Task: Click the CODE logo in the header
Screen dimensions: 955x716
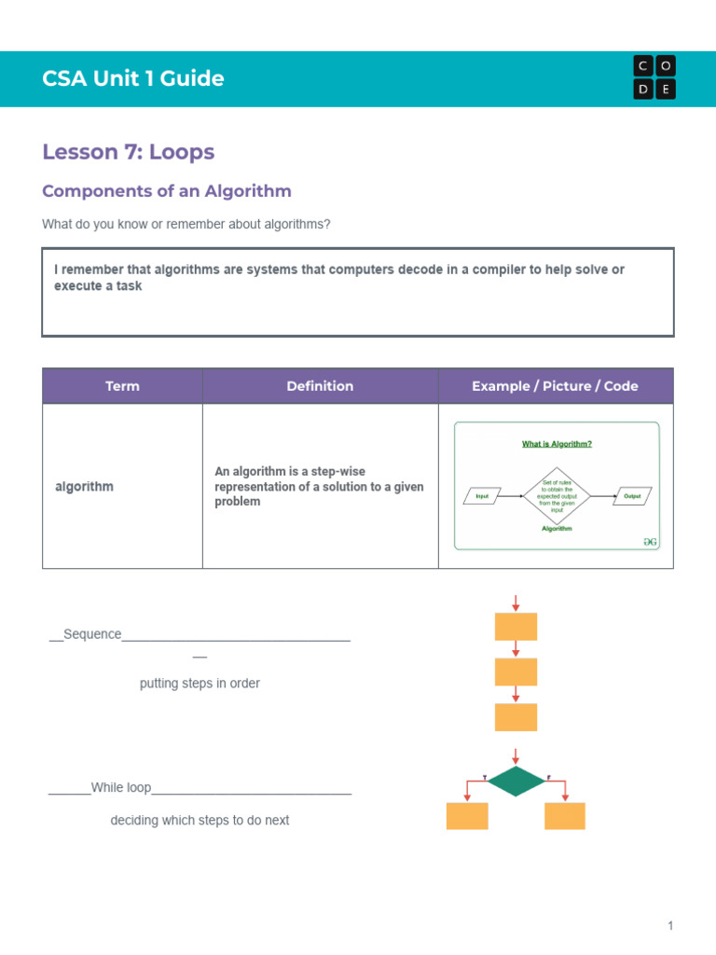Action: click(x=654, y=77)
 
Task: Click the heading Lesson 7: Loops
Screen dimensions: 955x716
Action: click(x=128, y=152)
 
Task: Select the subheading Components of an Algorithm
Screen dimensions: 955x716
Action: click(x=167, y=191)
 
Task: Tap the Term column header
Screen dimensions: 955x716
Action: click(x=122, y=386)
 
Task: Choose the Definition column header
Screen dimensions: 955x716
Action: click(x=320, y=386)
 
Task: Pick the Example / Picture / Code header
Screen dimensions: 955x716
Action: click(x=555, y=386)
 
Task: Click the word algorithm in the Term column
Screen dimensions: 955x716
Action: click(x=84, y=487)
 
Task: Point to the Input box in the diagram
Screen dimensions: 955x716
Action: click(x=482, y=496)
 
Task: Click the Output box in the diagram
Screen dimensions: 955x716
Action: click(x=632, y=496)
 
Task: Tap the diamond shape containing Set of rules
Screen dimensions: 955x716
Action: click(x=557, y=496)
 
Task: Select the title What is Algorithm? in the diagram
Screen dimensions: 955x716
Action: click(x=557, y=444)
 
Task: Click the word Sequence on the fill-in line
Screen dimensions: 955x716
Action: click(x=92, y=634)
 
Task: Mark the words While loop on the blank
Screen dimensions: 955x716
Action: click(x=121, y=788)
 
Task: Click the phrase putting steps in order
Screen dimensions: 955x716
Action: click(x=200, y=684)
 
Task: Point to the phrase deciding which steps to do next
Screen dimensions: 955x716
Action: click(x=200, y=821)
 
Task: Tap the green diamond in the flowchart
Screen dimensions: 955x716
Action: click(x=516, y=782)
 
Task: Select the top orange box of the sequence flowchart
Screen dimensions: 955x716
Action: click(x=516, y=627)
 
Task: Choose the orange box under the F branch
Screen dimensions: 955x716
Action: click(x=564, y=816)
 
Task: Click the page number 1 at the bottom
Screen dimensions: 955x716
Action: click(x=669, y=926)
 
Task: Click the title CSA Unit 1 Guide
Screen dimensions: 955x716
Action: click(x=132, y=78)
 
